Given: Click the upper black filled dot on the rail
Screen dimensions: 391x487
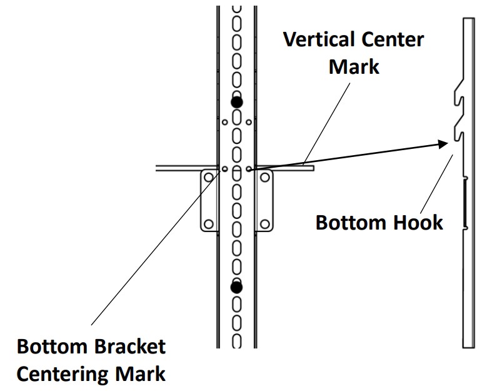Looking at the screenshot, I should coord(236,102).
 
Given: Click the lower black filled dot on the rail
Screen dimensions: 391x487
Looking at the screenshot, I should coord(236,287).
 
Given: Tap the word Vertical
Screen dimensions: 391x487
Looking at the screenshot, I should coord(316,40).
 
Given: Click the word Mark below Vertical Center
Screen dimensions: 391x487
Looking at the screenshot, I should coord(354,66).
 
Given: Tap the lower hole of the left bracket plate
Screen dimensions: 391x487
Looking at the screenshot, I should coord(209,223).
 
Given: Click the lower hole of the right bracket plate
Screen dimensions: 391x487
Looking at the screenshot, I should coord(264,223).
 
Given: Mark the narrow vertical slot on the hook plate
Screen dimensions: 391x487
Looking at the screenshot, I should coord(466,203).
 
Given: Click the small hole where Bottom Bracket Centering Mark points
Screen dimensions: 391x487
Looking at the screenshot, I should coord(224,168).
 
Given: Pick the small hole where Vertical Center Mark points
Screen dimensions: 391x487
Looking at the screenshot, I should coord(249,168).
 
